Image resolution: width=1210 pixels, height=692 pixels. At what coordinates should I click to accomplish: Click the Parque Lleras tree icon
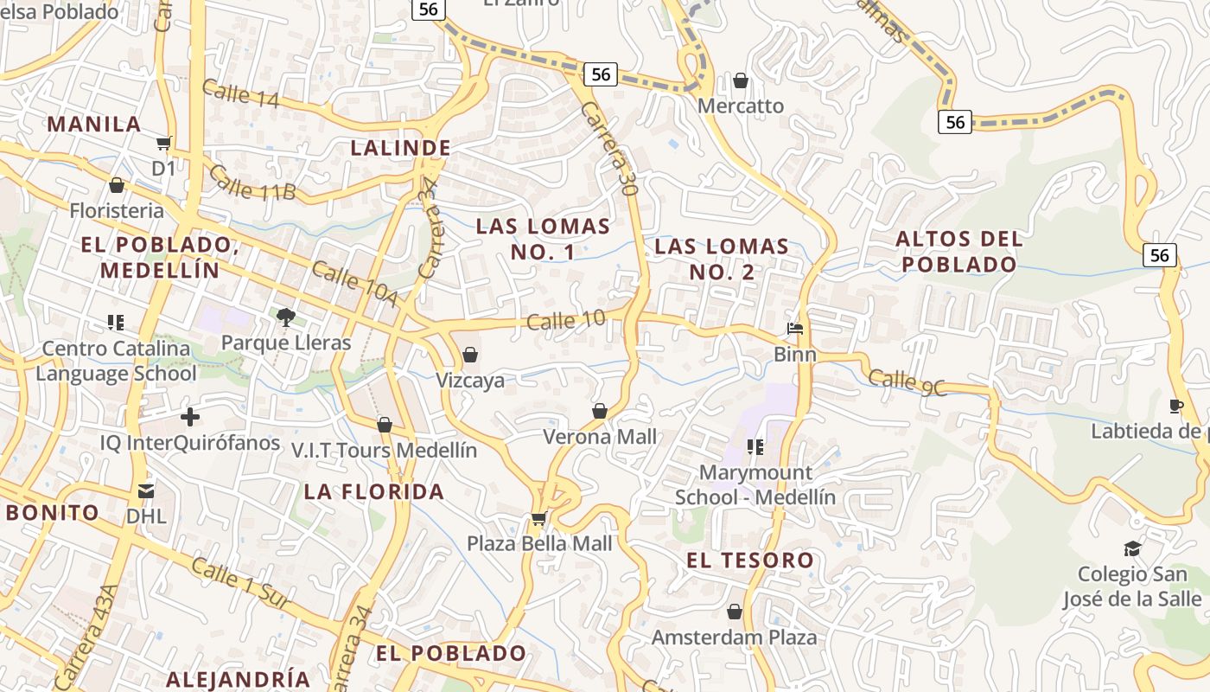coord(286,317)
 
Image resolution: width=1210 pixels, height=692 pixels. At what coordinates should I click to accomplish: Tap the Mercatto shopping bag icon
coord(741,81)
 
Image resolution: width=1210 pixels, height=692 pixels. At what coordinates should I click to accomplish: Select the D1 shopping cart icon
coord(164,143)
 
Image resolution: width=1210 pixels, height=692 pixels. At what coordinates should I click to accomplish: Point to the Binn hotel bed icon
coord(795,329)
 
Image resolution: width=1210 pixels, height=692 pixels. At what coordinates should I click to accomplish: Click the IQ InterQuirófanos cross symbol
coord(190,418)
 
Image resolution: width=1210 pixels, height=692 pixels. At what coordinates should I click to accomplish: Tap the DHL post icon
coord(146,491)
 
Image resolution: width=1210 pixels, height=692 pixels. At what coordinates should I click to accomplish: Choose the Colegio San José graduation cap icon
coord(1131,548)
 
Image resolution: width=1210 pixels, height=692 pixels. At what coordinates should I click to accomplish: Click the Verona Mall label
coord(600,437)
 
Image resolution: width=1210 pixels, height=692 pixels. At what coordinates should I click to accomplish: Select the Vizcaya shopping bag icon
coord(470,355)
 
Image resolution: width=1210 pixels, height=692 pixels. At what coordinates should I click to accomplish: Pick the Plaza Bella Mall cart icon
coord(539,518)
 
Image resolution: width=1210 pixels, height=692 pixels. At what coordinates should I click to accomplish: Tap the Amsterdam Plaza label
coord(734,638)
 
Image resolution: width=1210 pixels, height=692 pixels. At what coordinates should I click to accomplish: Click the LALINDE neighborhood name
coord(401,148)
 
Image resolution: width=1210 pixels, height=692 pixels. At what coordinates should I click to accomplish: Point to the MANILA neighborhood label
coord(94,124)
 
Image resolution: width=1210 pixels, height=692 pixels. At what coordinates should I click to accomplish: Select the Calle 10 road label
coord(566,321)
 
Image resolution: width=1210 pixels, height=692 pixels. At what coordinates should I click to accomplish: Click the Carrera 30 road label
coord(608,152)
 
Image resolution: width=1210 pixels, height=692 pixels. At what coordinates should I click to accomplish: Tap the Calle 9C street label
coord(907,383)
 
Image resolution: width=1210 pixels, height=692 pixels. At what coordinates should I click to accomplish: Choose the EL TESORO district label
coord(750,561)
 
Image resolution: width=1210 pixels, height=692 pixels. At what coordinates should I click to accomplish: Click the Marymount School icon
coord(755,447)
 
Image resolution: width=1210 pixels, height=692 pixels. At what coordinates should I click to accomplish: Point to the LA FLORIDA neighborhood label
coord(373,492)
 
